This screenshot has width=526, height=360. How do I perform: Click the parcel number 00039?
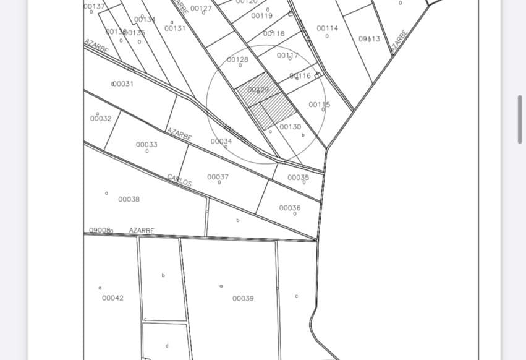click(243, 298)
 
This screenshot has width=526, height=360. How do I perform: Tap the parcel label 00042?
click(112, 298)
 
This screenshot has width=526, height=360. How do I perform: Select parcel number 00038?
click(129, 199)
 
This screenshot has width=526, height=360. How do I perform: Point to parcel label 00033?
click(146, 144)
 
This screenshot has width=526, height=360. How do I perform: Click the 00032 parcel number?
click(101, 118)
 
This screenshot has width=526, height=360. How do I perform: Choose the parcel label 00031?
click(122, 84)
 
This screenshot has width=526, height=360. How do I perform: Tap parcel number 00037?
click(218, 177)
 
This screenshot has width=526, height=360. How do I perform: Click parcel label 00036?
click(289, 208)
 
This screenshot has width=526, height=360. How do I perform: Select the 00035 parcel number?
click(298, 178)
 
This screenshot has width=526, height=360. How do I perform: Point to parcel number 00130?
click(290, 127)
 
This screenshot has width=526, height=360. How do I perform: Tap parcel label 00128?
click(237, 59)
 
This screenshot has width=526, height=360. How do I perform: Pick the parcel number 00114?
click(327, 28)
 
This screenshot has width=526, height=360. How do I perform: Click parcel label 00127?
click(201, 8)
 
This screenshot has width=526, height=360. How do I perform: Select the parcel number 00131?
click(175, 28)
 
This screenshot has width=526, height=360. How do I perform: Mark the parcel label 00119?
click(261, 15)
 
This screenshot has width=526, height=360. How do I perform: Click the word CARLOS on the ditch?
click(179, 180)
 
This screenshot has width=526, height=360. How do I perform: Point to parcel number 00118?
click(274, 33)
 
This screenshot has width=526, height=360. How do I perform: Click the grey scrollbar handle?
click(520, 119)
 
